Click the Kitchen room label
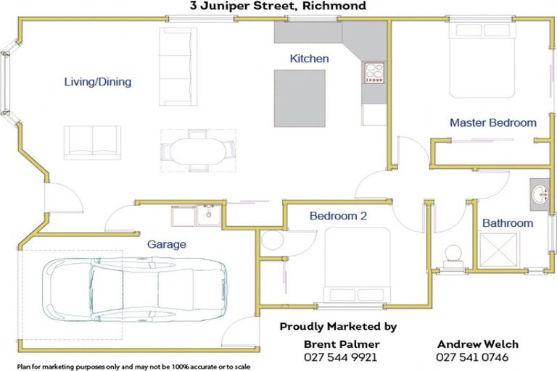(x=309, y=59)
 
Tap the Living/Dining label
(x=97, y=82)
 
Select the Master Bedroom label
(x=493, y=123)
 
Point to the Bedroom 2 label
(x=334, y=215)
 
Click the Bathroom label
(x=508, y=223)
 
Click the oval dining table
(x=197, y=151)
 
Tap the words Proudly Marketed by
(x=338, y=327)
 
